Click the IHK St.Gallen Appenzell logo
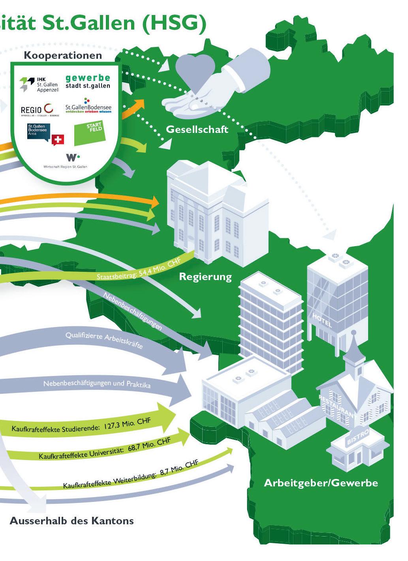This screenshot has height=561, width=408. pyautogui.click(x=39, y=84)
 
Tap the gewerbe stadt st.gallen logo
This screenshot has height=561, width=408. pyautogui.click(x=87, y=81)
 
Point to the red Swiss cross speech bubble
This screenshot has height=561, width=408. pyautogui.click(x=58, y=140)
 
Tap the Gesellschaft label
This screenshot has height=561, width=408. pyautogui.click(x=197, y=129)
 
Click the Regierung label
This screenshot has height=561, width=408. pyautogui.click(x=205, y=276)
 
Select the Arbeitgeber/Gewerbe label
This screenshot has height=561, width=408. pyautogui.click(x=321, y=482)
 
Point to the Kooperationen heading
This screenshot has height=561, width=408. pyautogui.click(x=63, y=56)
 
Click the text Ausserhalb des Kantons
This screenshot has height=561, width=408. pyautogui.click(x=71, y=521)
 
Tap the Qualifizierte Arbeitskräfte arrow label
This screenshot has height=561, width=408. pyautogui.click(x=103, y=340)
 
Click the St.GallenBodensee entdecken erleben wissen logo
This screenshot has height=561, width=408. pyautogui.click(x=88, y=107)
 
